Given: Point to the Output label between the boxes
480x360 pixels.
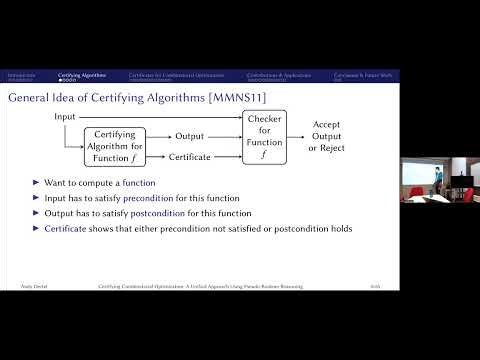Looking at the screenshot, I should pos(190,136).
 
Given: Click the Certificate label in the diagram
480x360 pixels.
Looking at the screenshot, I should pos(195,157).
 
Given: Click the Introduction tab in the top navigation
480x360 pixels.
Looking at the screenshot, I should pos(22,75).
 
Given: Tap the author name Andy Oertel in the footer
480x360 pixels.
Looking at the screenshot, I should pos(22,287).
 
